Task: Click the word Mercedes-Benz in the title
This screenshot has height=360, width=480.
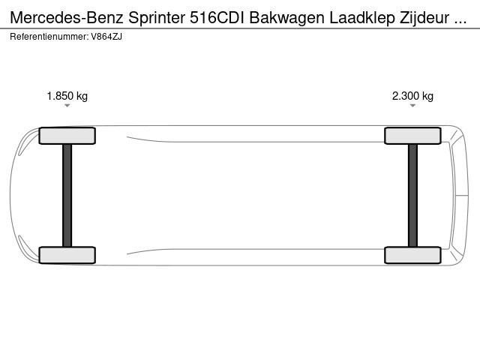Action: (x=67, y=18)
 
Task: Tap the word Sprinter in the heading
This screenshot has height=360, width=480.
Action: (x=157, y=18)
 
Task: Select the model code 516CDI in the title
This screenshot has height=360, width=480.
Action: (x=217, y=18)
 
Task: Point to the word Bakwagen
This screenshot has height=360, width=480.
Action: (x=286, y=19)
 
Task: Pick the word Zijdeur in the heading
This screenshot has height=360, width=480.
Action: (x=424, y=18)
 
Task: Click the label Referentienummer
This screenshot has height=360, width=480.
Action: (x=49, y=37)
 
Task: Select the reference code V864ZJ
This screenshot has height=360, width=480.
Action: (x=106, y=37)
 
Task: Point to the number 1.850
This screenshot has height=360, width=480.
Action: (x=60, y=96)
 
